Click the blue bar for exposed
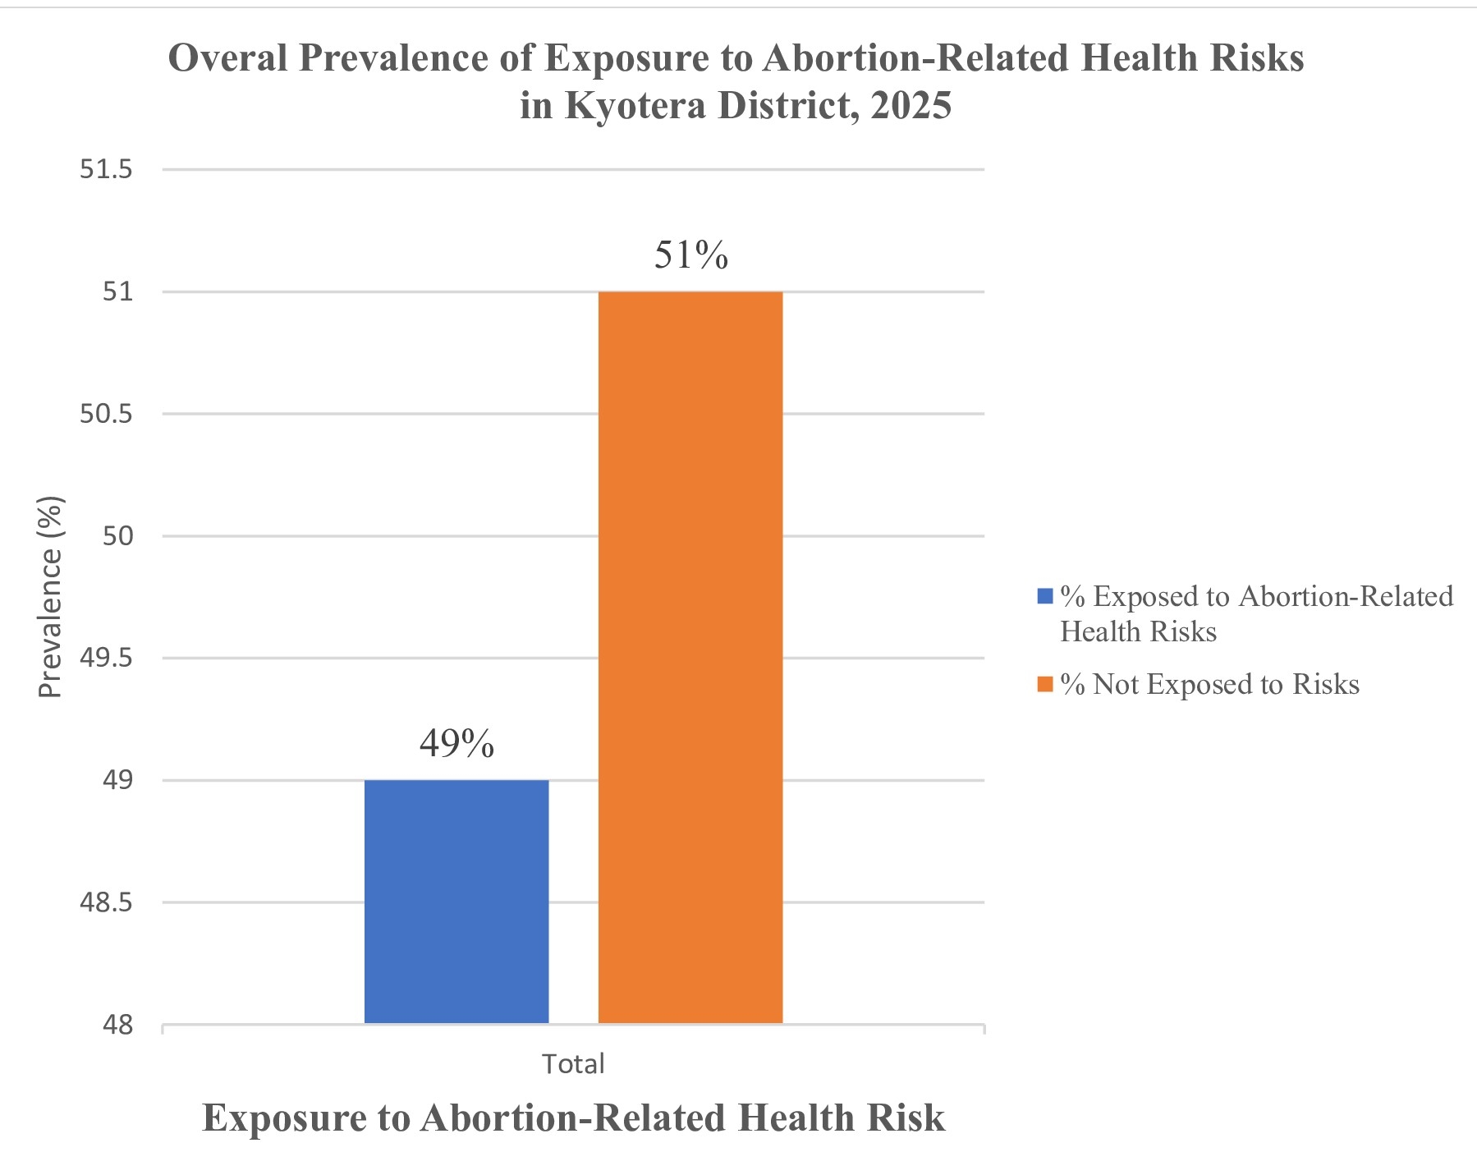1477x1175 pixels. (x=456, y=901)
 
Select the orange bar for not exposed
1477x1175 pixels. (x=690, y=657)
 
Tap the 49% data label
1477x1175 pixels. (x=456, y=743)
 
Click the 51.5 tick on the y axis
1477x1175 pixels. (x=106, y=169)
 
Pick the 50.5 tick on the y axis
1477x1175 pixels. (x=106, y=413)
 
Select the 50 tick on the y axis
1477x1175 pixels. (x=118, y=535)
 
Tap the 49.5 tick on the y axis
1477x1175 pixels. (x=106, y=658)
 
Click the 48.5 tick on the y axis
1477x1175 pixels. (x=106, y=902)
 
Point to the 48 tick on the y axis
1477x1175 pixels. (x=118, y=1025)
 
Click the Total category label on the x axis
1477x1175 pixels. (x=573, y=1064)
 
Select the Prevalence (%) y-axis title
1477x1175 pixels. (x=50, y=597)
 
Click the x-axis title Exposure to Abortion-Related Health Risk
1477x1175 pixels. (x=573, y=1118)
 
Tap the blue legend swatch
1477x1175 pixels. (x=1045, y=596)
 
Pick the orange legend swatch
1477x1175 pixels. (x=1045, y=684)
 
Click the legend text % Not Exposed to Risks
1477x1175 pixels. (x=1209, y=684)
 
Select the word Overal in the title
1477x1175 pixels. (x=228, y=58)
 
